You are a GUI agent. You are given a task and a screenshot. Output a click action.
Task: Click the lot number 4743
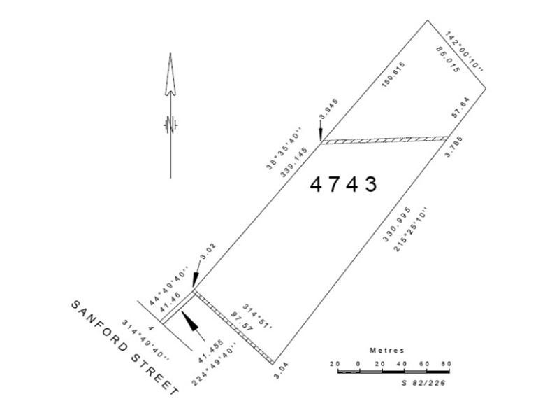pos(343,184)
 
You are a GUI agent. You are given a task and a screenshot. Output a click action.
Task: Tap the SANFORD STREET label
pos(123,348)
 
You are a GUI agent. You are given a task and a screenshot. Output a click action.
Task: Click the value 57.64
pos(462,112)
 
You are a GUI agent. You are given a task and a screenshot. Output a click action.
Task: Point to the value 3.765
pos(455,148)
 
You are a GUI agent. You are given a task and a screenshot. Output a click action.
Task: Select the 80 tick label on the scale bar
pos(446,363)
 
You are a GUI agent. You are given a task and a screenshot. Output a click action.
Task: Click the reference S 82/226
pos(424,382)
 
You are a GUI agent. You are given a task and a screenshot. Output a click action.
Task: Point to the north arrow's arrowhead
pos(170,73)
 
